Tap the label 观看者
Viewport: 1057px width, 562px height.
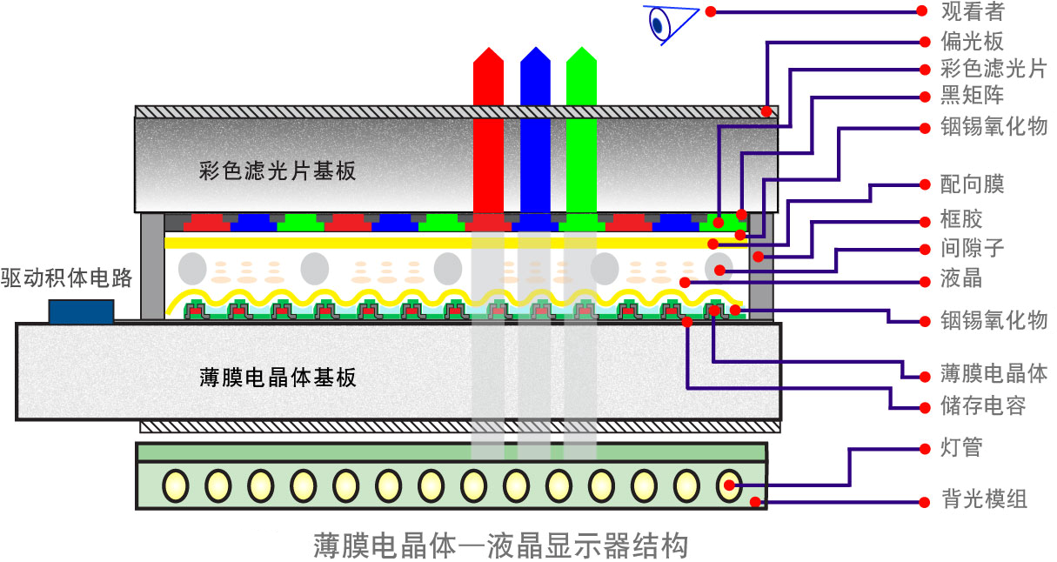pos(973,12)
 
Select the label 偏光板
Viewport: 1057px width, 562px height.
pos(973,41)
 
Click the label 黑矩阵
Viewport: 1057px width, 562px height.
pos(973,97)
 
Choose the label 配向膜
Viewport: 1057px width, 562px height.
pos(973,184)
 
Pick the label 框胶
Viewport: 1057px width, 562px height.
pos(962,218)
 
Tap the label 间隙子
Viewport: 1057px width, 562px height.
pos(973,248)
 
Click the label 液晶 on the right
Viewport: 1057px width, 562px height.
pos(962,280)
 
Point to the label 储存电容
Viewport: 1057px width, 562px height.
pos(983,405)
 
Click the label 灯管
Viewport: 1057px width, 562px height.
pos(962,449)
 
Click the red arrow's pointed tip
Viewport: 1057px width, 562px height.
pos(488,49)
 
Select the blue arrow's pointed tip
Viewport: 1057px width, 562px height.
pos(535,49)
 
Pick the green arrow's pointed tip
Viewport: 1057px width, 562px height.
pos(581,49)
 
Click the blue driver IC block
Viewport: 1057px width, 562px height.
pos(81,311)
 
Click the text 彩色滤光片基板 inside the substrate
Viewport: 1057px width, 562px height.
pos(278,171)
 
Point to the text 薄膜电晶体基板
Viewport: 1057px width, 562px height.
pos(278,378)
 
